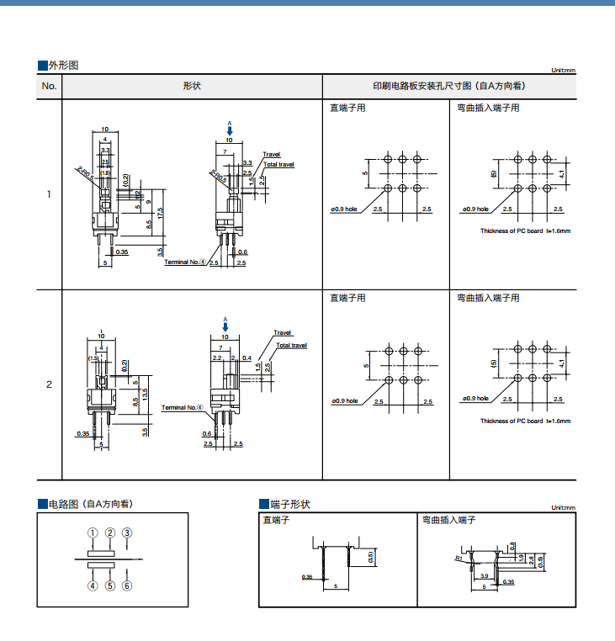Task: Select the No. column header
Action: (49, 86)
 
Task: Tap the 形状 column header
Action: (192, 86)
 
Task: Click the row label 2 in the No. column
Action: (49, 384)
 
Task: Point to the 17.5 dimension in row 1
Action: (160, 215)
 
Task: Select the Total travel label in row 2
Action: (292, 346)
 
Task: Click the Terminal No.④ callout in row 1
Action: (185, 262)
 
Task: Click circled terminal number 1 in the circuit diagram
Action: (93, 532)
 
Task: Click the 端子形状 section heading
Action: (289, 505)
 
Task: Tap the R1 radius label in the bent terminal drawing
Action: (459, 558)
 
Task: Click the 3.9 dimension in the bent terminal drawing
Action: (484, 575)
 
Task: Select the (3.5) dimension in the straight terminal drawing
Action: (370, 557)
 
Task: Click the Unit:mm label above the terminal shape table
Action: (563, 508)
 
